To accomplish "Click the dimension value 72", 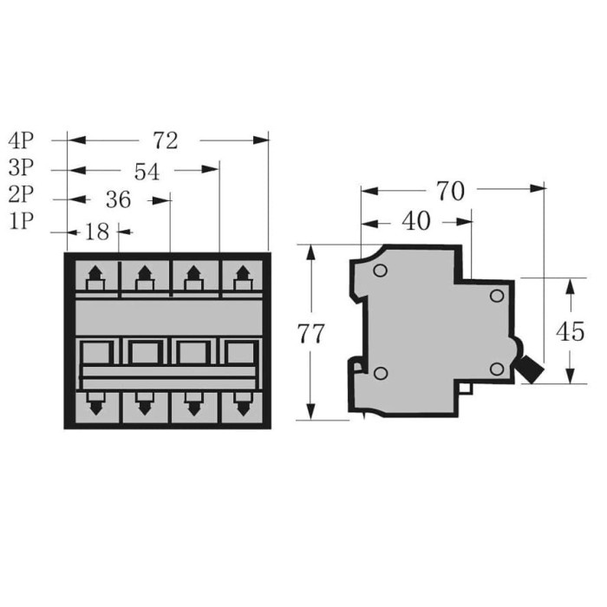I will pyautogui.click(x=165, y=140).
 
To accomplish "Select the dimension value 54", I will pyautogui.click(x=147, y=171).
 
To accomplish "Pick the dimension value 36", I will pyautogui.click(x=117, y=200).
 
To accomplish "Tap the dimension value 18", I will pyautogui.click(x=99, y=232).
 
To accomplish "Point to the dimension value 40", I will pyautogui.click(x=416, y=221).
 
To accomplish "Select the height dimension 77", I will pyautogui.click(x=310, y=334).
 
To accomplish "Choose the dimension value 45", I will pyautogui.click(x=570, y=331).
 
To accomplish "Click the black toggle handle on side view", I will pyautogui.click(x=528, y=368).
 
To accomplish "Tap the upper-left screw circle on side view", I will pyautogui.click(x=379, y=270).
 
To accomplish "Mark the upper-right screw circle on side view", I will pyautogui.click(x=497, y=297).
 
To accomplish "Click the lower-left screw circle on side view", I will pyautogui.click(x=379, y=373).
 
